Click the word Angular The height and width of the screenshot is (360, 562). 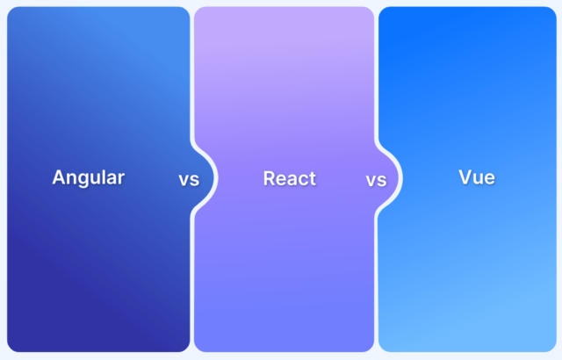point(88,178)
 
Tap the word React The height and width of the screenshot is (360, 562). point(290,178)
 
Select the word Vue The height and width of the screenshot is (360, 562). point(477,177)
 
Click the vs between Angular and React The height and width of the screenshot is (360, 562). point(189,180)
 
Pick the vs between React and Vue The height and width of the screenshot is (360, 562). point(376,180)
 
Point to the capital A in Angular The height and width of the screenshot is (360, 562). point(59,177)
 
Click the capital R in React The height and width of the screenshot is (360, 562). point(270,178)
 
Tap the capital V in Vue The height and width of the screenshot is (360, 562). point(466,177)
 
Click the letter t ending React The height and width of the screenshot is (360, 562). point(313,179)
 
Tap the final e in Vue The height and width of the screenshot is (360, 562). point(490,179)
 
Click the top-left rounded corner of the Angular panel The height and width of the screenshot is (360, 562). point(11,11)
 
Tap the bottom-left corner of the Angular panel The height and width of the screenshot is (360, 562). point(11,349)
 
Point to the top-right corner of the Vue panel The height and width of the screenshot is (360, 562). point(552,11)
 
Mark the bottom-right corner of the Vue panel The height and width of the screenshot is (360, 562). point(552,349)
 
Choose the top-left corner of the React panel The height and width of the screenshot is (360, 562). point(198,11)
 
